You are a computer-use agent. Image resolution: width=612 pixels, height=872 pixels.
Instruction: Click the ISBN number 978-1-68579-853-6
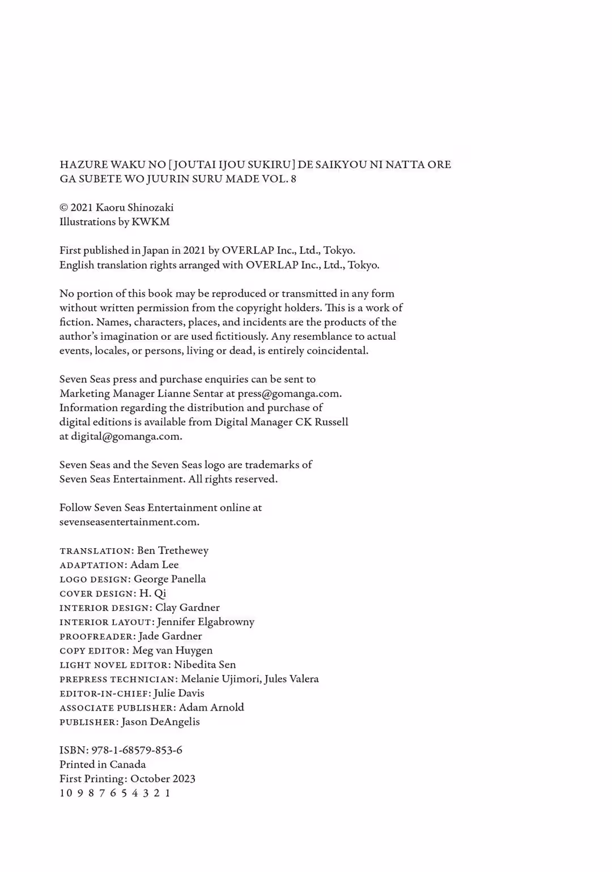pos(137,750)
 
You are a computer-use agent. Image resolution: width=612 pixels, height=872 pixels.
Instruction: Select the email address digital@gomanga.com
pos(126,437)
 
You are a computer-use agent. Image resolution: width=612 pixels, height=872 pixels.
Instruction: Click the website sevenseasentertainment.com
pos(129,522)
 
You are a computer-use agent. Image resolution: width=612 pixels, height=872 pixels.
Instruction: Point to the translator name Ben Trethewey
pos(172,550)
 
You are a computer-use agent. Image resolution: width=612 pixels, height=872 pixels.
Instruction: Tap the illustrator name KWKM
pos(150,222)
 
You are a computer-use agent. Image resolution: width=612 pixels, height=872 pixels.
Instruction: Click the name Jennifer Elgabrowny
pos(205,622)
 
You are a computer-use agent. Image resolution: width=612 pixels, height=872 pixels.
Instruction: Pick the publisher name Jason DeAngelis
pos(160,722)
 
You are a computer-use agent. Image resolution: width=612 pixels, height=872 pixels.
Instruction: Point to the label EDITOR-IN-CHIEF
pos(105,694)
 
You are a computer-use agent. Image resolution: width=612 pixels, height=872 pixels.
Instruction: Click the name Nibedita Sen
pos(205,665)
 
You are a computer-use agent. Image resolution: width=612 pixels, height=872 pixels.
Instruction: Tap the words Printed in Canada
pos(103,764)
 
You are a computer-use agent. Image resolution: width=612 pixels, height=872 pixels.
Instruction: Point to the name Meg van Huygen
pos(172,651)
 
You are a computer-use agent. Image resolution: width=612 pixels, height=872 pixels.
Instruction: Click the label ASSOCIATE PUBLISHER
pos(117,708)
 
